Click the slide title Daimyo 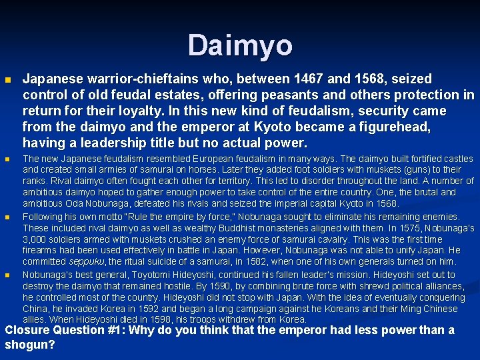[x=240, y=45]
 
